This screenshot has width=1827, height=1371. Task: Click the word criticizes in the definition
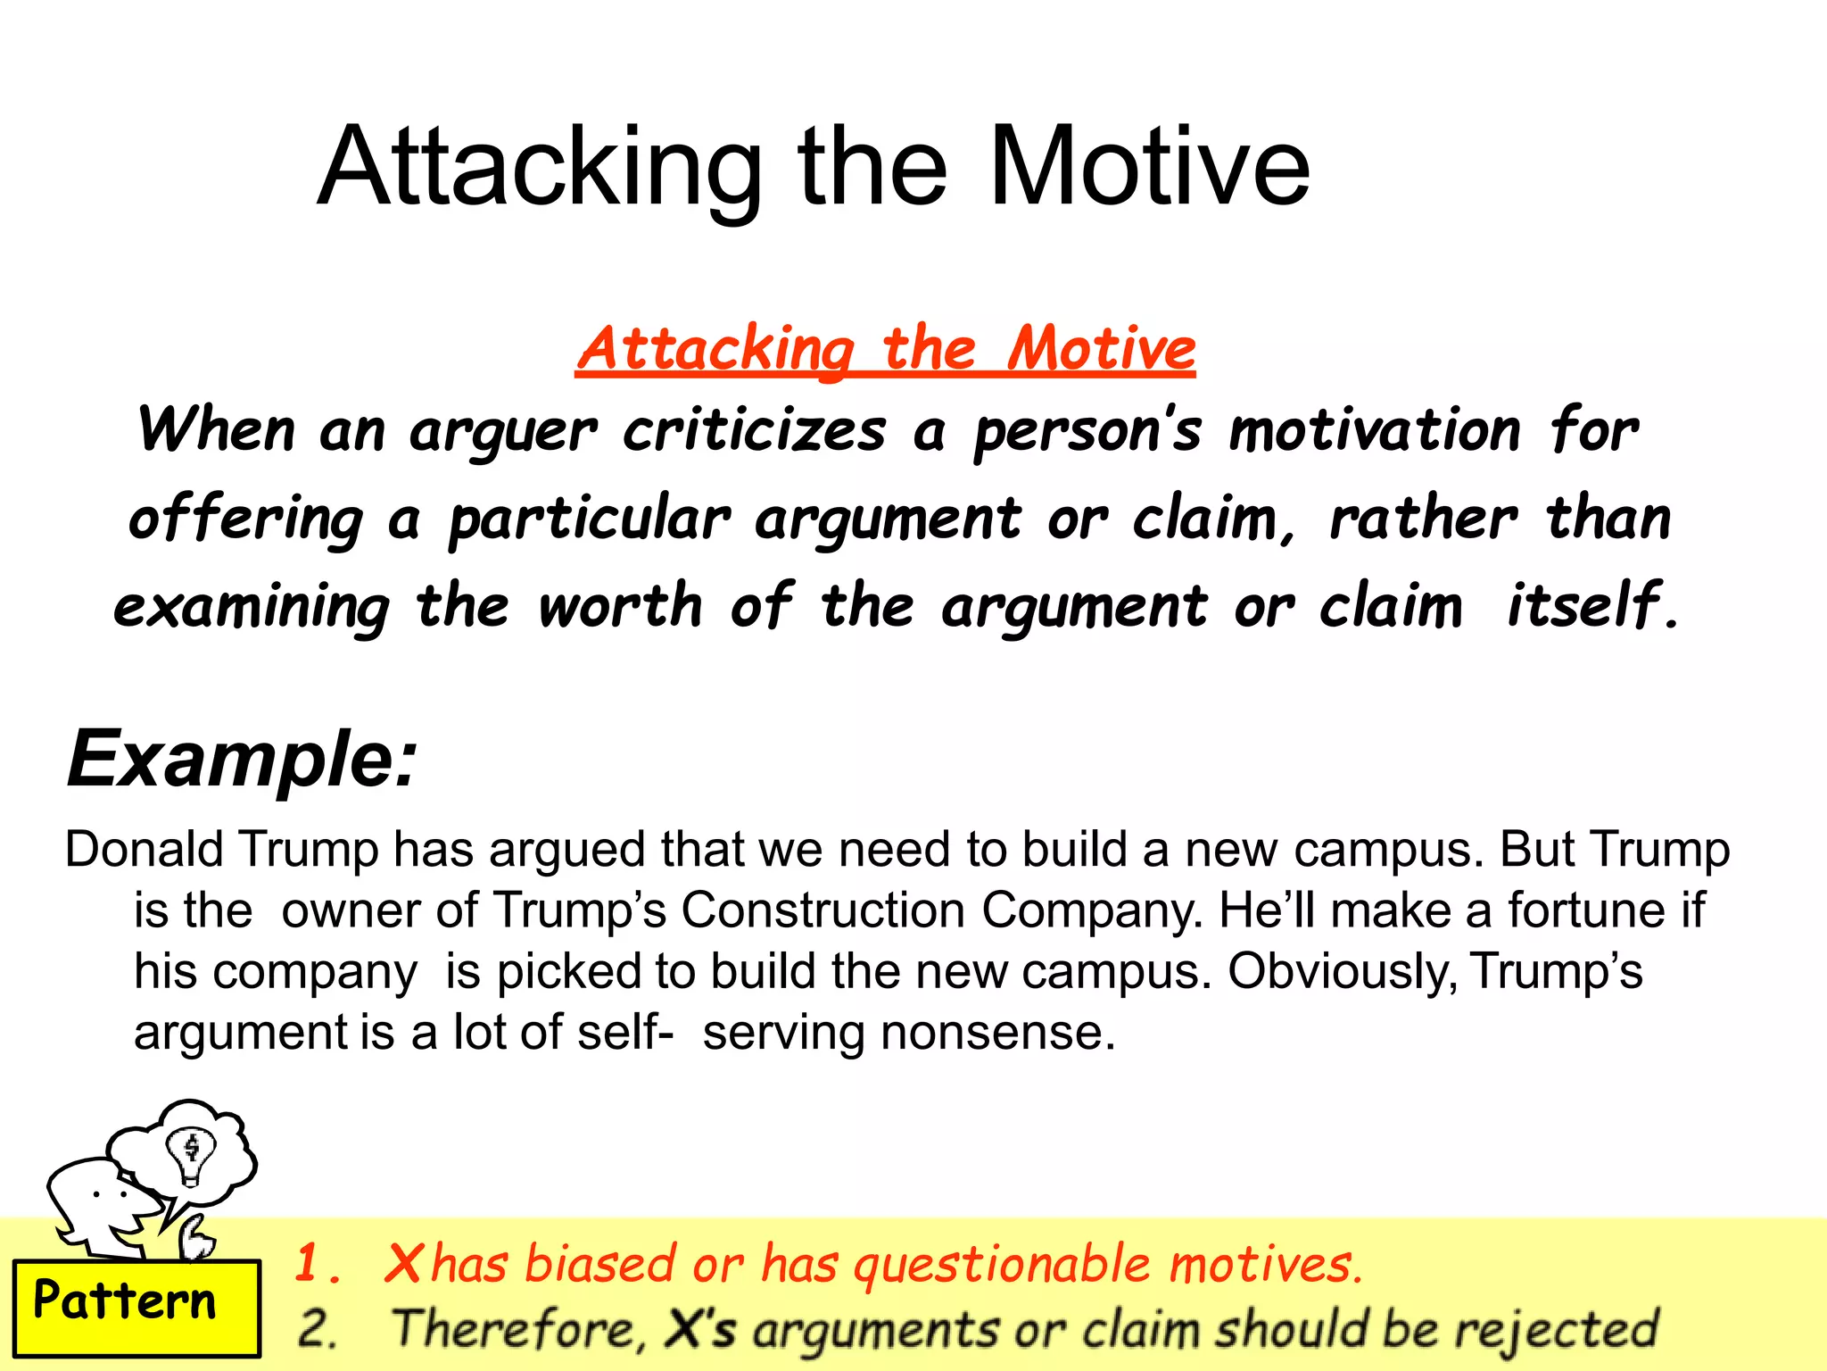click(x=754, y=431)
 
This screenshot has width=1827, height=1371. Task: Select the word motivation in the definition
click(x=1374, y=431)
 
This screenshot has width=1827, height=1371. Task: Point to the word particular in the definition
click(x=590, y=519)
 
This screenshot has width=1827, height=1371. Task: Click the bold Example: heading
click(x=242, y=759)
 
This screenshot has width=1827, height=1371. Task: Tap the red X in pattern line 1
click(x=403, y=1265)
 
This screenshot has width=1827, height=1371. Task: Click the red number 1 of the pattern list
click(x=310, y=1264)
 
